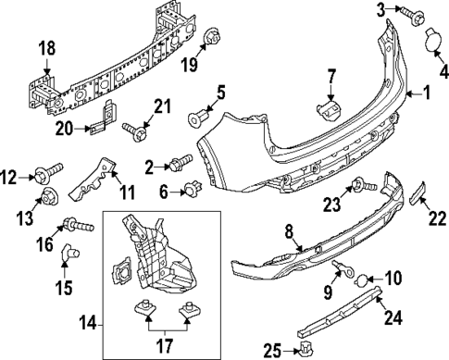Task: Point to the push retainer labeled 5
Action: tap(198, 118)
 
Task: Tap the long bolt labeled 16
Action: tap(76, 224)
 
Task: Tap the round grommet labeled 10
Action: tap(363, 275)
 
